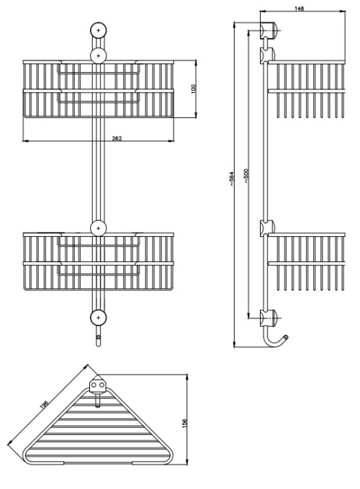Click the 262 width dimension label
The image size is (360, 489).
[x=117, y=138]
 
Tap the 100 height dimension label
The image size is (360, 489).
[x=193, y=89]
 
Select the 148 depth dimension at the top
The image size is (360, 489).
[x=300, y=9]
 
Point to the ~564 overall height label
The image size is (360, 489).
[x=231, y=179]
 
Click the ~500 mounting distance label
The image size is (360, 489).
[x=246, y=176]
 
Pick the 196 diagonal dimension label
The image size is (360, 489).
[x=44, y=404]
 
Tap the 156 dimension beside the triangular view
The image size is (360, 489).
[x=184, y=423]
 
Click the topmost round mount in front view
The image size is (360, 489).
[x=99, y=30]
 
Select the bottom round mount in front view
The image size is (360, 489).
[x=99, y=318]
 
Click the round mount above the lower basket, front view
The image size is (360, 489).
[x=99, y=228]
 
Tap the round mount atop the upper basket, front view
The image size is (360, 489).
[x=99, y=56]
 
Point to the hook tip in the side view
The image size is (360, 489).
[x=286, y=337]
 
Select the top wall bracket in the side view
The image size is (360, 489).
[x=268, y=30]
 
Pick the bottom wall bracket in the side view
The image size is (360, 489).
[x=268, y=318]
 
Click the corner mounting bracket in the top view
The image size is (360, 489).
[x=97, y=385]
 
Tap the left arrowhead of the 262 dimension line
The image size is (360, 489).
[x=25, y=141]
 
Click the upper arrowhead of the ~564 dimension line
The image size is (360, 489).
[x=234, y=25]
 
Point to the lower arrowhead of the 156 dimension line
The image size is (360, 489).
[x=186, y=462]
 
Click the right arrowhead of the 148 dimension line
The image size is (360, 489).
[x=342, y=12]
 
